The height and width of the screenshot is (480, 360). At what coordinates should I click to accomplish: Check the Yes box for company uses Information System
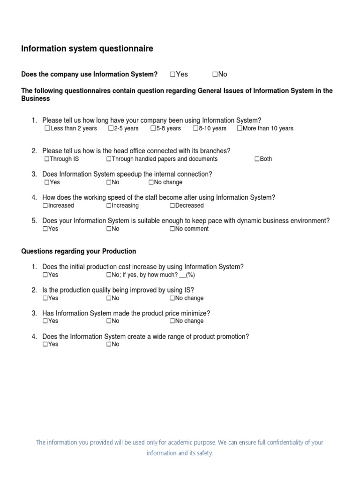coord(172,74)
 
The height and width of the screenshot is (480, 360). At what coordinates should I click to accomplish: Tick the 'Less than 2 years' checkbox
coord(47,128)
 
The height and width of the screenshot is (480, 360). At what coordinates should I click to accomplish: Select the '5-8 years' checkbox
coord(153,128)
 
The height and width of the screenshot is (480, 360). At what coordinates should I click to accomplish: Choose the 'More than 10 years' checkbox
coord(240,128)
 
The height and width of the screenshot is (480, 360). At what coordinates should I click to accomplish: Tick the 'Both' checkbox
coord(257,159)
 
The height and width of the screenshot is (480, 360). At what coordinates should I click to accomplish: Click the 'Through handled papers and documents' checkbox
coord(109,159)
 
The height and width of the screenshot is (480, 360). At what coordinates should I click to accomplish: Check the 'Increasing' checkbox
coord(109,205)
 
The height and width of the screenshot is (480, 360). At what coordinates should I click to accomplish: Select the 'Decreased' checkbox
coord(172,205)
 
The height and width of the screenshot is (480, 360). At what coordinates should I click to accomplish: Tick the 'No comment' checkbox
coord(172,229)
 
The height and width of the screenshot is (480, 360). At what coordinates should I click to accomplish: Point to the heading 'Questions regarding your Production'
coord(79,251)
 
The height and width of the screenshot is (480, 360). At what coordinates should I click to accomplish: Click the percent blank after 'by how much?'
coord(183,275)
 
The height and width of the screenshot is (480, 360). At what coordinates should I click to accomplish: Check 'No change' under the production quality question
coord(172,298)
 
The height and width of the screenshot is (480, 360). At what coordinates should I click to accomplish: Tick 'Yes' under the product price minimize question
coord(45,321)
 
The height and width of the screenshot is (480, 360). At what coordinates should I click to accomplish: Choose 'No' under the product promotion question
coord(109,344)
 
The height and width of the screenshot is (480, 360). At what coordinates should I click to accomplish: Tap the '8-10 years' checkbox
coord(195,128)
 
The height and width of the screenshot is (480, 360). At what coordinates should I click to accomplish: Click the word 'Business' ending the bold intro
coord(36,99)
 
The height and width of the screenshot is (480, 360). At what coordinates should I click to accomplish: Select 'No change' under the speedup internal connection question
coord(151,182)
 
